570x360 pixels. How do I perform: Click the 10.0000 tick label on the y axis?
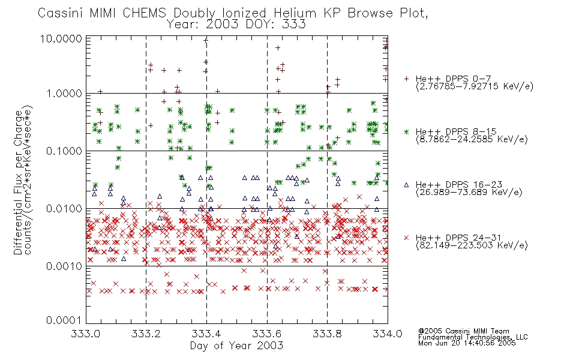[61, 38]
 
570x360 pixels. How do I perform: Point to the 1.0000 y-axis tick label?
[64, 94]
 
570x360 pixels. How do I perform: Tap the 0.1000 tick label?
[64, 151]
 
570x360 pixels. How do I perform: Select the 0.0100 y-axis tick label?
[64, 209]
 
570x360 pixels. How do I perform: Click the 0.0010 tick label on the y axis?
[64, 266]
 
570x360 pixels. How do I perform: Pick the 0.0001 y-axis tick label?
[64, 320]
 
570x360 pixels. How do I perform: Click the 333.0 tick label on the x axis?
[86, 334]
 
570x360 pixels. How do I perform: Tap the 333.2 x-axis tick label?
[146, 334]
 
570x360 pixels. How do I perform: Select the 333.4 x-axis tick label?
[206, 334]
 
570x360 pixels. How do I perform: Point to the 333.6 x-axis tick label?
[267, 334]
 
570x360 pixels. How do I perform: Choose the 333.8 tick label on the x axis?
[327, 334]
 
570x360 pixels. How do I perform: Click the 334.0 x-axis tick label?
[388, 334]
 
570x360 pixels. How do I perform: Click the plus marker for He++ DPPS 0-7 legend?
[406, 79]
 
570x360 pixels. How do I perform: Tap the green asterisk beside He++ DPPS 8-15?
[406, 131]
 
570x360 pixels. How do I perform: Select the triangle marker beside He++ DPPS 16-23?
[406, 185]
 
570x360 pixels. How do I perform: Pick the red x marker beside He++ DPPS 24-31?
[406, 238]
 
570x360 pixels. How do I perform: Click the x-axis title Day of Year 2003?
[236, 346]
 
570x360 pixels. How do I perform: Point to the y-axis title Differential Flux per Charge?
[18, 182]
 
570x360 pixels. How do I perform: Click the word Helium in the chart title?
[295, 13]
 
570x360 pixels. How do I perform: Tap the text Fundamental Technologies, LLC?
[473, 337]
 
